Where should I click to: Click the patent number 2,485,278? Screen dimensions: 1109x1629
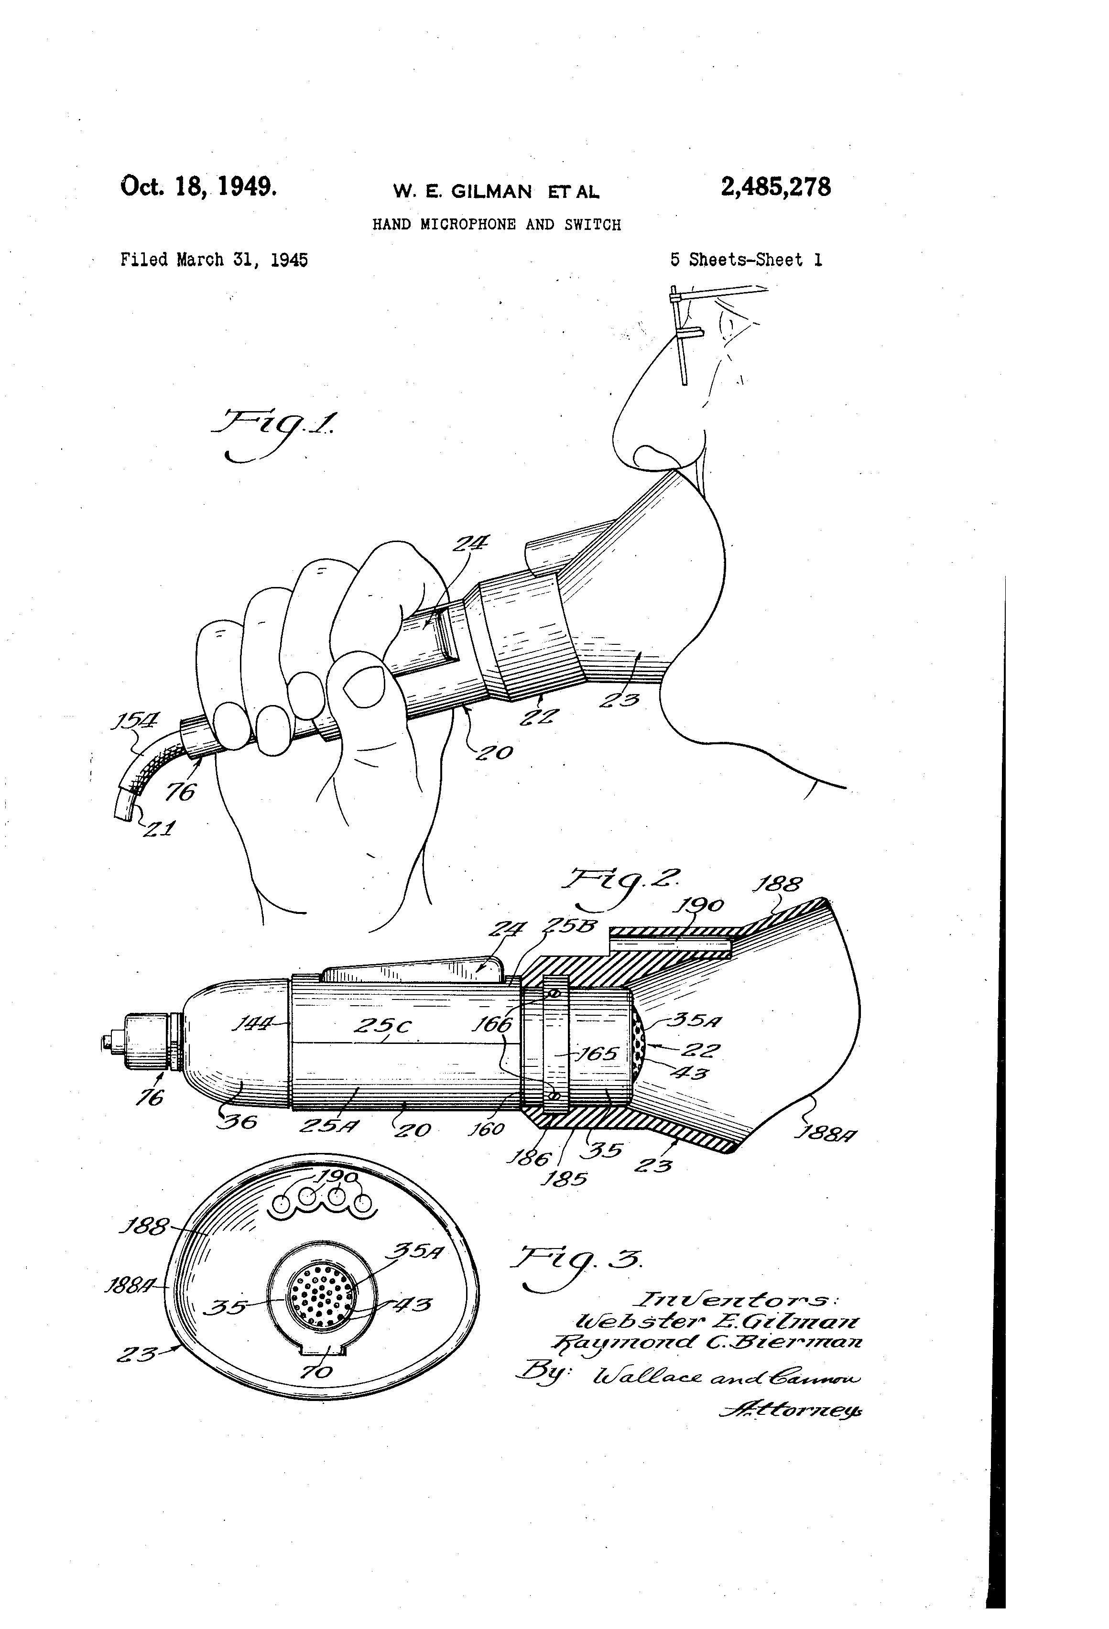(x=775, y=187)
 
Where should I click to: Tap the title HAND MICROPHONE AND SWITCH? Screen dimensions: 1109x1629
(x=496, y=225)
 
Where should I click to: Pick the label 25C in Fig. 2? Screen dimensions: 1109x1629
(x=382, y=1026)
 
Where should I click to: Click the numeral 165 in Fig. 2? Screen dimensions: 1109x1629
(x=596, y=1053)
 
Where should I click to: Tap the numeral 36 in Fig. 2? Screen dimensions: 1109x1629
(x=239, y=1121)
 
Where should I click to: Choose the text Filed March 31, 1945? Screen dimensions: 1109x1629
(x=214, y=260)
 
